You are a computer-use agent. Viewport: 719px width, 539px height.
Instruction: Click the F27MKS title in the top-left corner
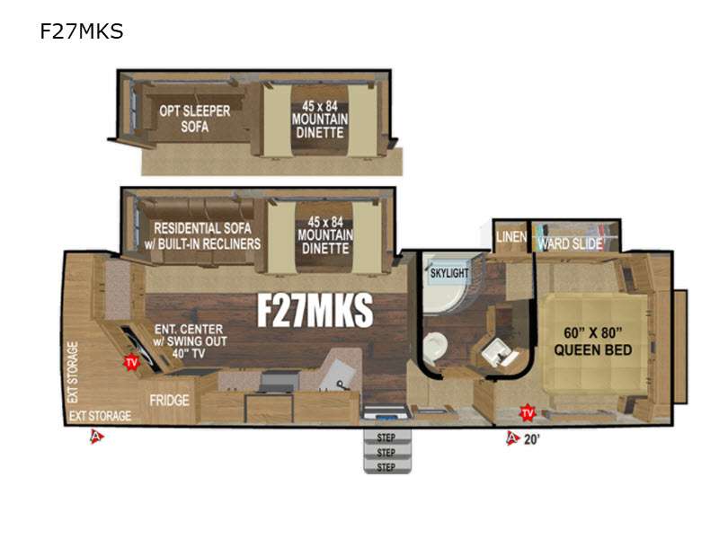point(81,31)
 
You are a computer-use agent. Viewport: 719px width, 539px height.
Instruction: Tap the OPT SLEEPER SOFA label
point(195,119)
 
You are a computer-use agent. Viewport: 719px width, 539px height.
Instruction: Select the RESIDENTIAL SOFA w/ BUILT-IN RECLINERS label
point(202,236)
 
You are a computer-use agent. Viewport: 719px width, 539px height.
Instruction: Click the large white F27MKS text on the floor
point(315,310)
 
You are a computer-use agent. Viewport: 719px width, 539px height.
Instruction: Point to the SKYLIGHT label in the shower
point(449,273)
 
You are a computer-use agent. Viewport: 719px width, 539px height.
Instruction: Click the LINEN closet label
point(511,237)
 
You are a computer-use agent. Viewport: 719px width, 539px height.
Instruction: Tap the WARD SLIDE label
point(570,243)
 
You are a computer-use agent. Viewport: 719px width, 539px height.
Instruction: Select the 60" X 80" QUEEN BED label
point(593,341)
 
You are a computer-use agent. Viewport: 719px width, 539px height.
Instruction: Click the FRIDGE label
point(169,401)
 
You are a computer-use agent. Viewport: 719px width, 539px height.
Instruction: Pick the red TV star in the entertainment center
point(131,363)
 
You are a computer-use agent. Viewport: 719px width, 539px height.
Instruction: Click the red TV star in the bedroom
point(528,412)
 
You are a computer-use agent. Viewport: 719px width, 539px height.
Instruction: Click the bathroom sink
point(497,354)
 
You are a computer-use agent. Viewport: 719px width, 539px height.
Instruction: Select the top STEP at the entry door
point(386,437)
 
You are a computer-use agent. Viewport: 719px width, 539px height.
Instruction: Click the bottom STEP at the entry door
point(386,466)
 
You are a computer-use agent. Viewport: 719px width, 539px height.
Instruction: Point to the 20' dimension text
point(531,439)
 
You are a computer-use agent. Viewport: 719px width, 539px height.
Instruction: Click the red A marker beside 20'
point(512,438)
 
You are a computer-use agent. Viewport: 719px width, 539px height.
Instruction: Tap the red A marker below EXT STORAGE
point(96,437)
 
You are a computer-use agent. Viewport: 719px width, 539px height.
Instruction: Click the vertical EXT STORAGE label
point(73,372)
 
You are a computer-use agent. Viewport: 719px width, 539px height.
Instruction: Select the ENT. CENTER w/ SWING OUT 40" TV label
point(190,341)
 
